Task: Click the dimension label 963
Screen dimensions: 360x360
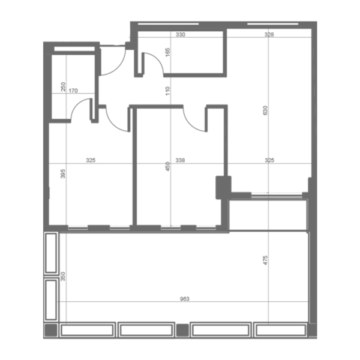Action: [185, 299]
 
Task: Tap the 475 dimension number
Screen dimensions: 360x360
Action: [265, 260]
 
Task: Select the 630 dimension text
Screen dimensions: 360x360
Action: [265, 110]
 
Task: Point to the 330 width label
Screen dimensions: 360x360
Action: [181, 34]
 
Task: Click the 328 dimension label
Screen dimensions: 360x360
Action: [269, 34]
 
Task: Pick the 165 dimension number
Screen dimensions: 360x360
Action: [168, 52]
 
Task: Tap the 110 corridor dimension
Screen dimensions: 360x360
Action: [168, 91]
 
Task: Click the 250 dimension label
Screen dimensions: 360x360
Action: [63, 87]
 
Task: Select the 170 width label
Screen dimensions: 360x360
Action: [73, 91]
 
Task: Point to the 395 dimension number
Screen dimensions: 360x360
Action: [63, 174]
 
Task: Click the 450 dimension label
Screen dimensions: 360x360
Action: [168, 166]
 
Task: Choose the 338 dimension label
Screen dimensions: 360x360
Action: [180, 160]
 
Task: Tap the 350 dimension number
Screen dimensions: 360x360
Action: [63, 277]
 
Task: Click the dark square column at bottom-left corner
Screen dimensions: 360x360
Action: [51, 330]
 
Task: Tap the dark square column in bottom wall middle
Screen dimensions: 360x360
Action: [182, 330]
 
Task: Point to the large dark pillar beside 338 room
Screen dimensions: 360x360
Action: [223, 188]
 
